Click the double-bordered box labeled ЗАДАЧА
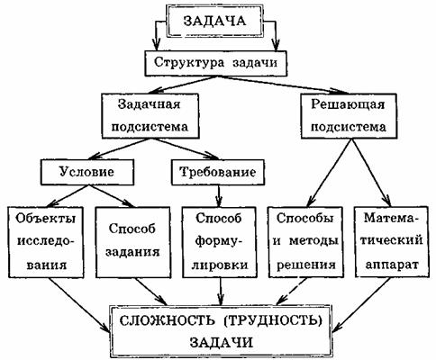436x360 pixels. coord(214,22)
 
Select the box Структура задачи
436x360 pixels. coord(216,63)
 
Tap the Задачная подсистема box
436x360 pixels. coord(150,116)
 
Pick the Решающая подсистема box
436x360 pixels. coord(349,116)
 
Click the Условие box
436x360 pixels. coord(87,172)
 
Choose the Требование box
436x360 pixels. coord(218,172)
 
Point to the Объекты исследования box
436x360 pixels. coord(46,242)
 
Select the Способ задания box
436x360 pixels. coord(133,242)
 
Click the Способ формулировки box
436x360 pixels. coord(220,242)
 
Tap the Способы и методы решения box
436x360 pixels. coord(305,242)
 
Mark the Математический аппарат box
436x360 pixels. coord(392,242)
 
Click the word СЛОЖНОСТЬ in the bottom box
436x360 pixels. coord(168,320)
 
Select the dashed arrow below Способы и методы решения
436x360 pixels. coord(291,291)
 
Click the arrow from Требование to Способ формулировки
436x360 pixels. coord(220,195)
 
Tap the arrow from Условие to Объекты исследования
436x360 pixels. coord(67,195)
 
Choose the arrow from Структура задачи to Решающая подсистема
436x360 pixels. coord(284,84)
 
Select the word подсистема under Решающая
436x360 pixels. coord(349,127)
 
